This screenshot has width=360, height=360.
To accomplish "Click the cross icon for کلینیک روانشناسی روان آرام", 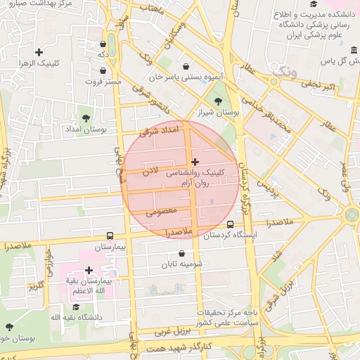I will coord(195,162).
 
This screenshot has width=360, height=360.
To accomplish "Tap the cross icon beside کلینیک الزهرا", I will coord(39,52).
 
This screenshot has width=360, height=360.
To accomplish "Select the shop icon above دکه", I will coord(103,42).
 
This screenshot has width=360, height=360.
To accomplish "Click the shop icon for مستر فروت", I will coord(104,70).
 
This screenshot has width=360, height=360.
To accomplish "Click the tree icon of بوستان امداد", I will coord(86,118).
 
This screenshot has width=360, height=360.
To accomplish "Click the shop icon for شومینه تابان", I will coord(183,253).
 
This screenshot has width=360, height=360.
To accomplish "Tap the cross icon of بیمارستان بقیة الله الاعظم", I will coord(89,270).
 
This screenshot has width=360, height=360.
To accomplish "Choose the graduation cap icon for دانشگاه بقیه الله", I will coord(76,307).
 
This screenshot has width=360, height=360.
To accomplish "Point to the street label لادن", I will coord(150,170).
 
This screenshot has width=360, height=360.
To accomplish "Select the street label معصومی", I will coord(161,209).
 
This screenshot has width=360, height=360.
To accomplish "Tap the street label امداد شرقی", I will coord(160,131).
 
